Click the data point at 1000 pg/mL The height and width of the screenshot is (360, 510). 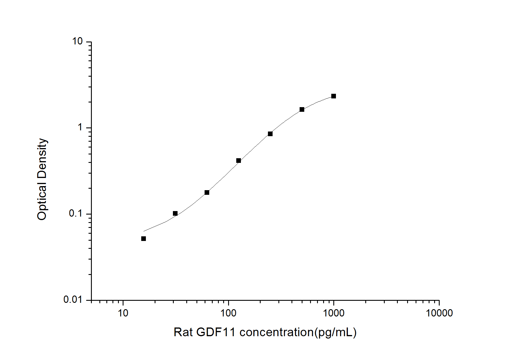334,96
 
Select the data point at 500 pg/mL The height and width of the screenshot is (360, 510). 302,109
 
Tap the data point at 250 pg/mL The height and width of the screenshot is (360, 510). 270,134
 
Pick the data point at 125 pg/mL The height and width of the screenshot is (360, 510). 239,161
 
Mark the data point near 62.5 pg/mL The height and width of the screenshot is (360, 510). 207,192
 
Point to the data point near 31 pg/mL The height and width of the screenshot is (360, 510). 175,213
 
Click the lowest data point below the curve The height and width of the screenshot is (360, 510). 144,239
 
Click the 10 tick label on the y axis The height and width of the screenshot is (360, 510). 77,42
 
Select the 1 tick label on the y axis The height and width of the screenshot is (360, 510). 80,127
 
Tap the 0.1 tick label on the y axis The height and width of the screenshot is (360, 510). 76,213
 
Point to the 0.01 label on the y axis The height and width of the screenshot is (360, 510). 73,299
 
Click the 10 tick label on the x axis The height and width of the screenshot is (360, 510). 123,313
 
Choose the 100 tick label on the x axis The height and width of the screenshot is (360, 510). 228,313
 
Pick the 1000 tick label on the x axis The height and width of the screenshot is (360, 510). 334,313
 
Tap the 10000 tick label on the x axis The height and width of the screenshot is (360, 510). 439,313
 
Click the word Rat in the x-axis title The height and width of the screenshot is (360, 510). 183,332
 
